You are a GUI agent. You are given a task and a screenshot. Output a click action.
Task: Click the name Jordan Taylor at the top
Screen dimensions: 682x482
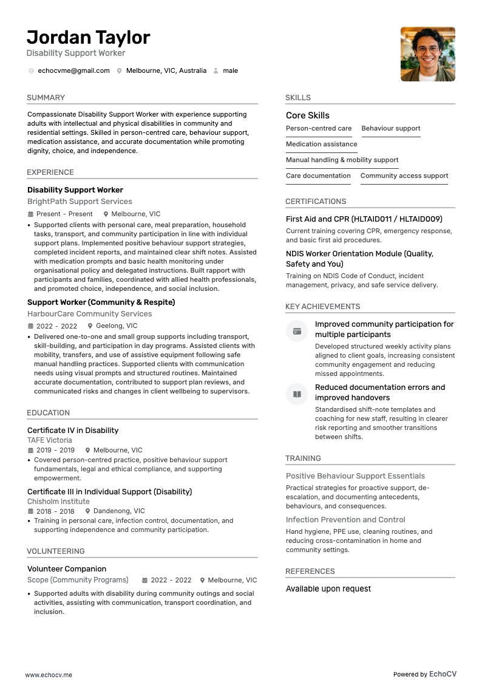point(88,38)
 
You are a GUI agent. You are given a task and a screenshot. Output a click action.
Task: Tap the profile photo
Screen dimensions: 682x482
point(427,54)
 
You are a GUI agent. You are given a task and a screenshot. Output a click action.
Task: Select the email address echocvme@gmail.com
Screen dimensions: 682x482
point(73,71)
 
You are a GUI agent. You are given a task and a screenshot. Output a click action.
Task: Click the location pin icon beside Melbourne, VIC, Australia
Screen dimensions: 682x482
point(120,71)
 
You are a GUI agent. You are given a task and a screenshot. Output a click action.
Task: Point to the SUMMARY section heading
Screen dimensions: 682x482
point(46,98)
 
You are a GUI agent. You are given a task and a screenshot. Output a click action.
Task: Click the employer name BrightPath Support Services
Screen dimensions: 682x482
point(80,202)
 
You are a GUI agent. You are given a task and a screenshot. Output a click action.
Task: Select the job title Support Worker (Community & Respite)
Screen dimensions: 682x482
point(101,302)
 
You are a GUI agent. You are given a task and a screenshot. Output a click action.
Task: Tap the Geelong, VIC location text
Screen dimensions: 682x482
point(117,326)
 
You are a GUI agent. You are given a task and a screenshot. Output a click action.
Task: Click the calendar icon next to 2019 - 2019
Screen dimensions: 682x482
point(30,451)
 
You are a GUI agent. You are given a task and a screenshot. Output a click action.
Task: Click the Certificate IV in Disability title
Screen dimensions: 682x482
point(73,431)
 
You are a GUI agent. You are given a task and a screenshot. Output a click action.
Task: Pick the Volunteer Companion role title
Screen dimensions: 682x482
point(67,569)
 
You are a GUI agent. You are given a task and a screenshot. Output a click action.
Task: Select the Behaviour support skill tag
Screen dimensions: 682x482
point(390,129)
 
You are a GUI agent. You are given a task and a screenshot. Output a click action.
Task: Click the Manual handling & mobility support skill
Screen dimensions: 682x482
point(342,160)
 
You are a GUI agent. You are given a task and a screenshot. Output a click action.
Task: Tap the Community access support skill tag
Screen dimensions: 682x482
point(404,176)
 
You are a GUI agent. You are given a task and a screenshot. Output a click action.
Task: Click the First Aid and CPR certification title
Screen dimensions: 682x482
point(364,219)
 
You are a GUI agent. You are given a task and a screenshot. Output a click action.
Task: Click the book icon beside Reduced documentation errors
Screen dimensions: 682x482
point(297,394)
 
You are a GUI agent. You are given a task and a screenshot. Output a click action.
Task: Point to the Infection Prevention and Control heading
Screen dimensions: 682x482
point(345,520)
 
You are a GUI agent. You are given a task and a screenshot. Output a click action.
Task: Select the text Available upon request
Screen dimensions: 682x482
point(328,589)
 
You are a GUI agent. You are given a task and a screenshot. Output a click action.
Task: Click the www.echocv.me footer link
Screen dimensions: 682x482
point(49,675)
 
